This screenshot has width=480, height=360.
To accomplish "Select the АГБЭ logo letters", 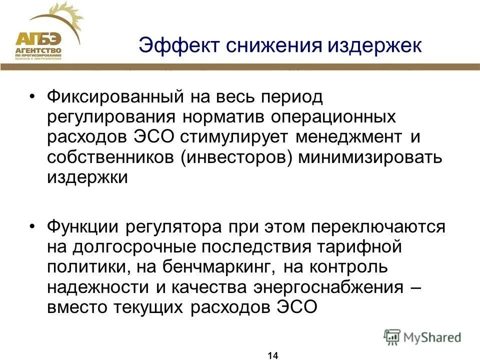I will tap(38, 39).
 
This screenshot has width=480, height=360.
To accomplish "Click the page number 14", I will tap(272, 355).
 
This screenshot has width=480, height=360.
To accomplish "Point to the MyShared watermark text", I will tap(432, 337).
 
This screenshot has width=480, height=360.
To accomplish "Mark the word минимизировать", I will tap(370, 156).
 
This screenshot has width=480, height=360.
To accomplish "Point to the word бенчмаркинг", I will tap(225, 267).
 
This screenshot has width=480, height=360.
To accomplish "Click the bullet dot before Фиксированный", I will tap(33, 96).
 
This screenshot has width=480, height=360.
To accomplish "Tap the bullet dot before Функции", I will tap(33, 226).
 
